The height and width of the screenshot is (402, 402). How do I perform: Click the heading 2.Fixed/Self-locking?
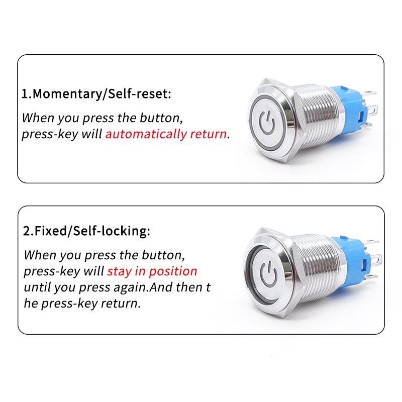(x=86, y=232)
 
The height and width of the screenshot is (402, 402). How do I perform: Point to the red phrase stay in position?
(x=152, y=271)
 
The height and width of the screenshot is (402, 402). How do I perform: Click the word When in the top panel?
(x=39, y=119)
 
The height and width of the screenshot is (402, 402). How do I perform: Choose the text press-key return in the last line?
(x=90, y=304)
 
